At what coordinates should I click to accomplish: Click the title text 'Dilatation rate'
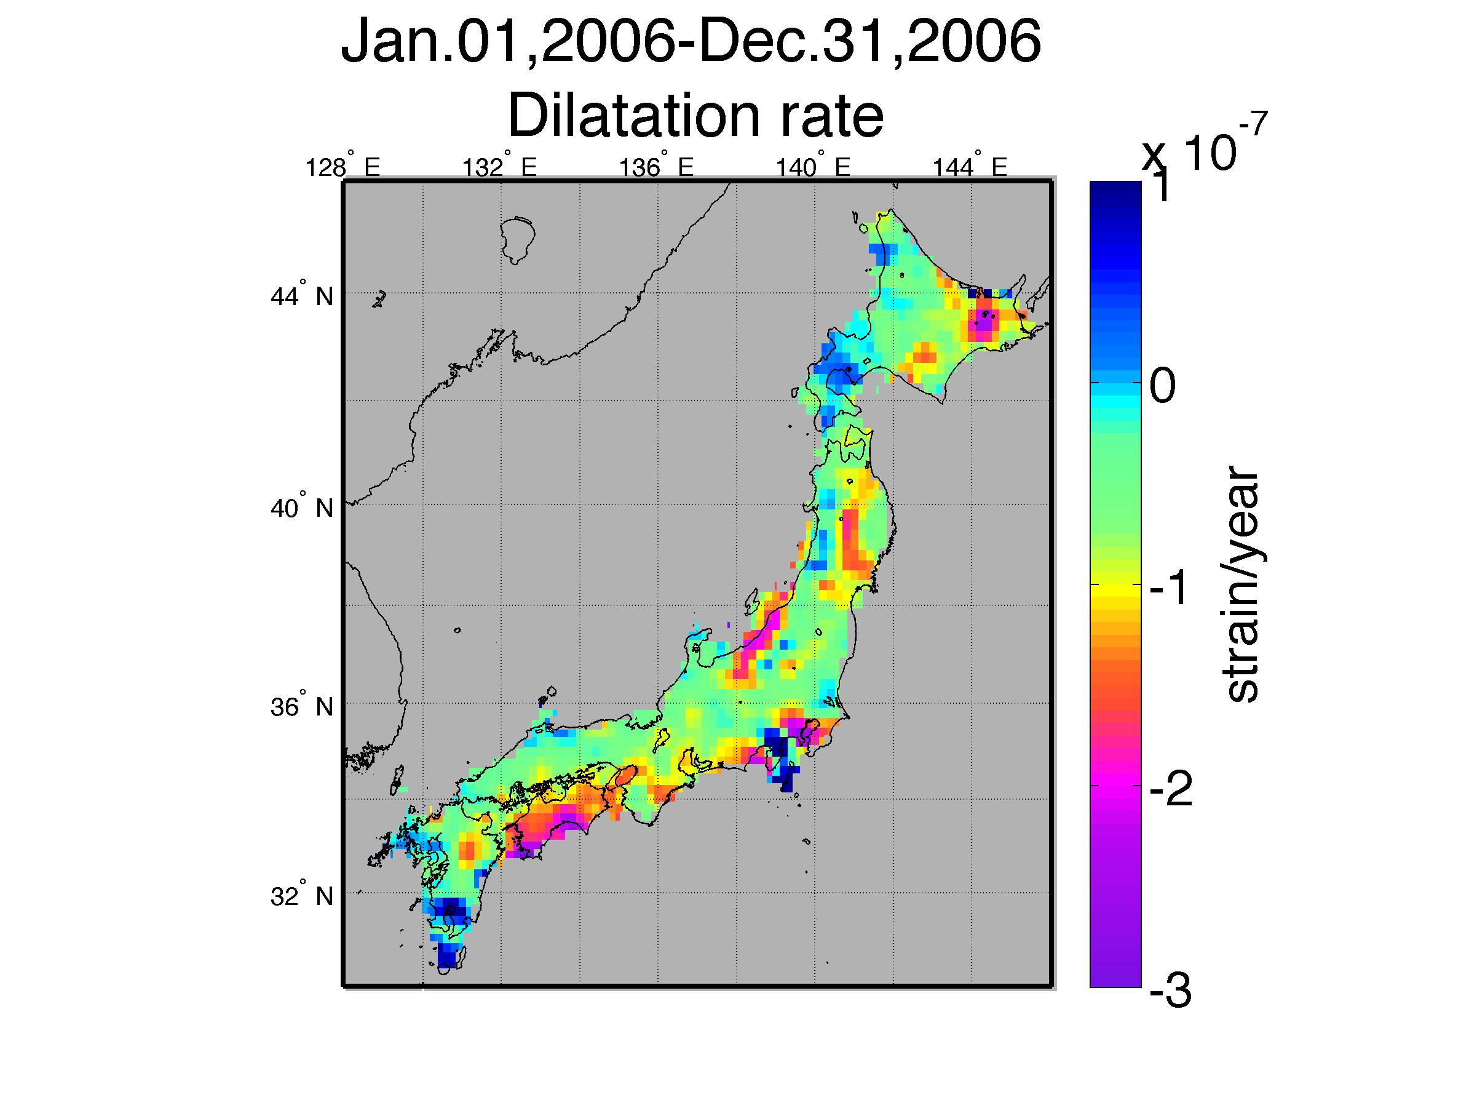click(696, 116)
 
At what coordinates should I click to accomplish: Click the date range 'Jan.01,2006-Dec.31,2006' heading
click(691, 41)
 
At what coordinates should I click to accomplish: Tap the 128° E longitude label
click(342, 166)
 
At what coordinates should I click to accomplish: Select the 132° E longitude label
click(499, 166)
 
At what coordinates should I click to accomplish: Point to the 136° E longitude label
click(656, 166)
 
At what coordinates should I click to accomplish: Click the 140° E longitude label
click(813, 166)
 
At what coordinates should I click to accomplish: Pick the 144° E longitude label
click(970, 166)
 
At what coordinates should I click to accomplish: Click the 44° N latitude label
click(302, 295)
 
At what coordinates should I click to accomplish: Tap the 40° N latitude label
click(302, 508)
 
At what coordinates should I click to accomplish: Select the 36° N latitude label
click(302, 706)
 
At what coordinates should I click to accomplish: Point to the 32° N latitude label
click(302, 896)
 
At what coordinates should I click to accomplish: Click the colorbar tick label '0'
click(1163, 387)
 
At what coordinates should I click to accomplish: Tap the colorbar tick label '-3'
click(1170, 992)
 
